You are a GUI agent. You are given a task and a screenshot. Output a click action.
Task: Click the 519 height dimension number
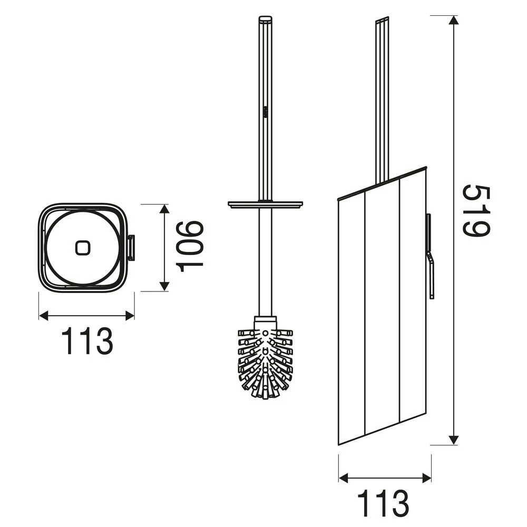coord(477,211)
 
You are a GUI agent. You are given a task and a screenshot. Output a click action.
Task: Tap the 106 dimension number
coord(190,247)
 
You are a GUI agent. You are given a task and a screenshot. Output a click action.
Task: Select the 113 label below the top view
coord(87,341)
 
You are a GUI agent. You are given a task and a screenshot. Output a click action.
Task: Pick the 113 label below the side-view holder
coord(384,504)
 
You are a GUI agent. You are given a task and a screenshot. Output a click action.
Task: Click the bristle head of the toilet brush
coord(265,361)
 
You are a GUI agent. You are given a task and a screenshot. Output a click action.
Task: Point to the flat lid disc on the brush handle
coord(265,203)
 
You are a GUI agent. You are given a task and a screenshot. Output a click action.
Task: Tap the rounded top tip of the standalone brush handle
coord(265,19)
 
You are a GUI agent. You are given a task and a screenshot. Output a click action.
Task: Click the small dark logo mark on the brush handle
coord(265,111)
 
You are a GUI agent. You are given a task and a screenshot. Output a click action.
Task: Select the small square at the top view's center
coord(83,247)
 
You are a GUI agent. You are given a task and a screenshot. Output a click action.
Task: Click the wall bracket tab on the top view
coord(130,248)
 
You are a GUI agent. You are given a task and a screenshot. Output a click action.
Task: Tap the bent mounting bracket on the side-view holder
coord(430,256)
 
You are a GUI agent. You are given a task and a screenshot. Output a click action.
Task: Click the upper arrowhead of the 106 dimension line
coord(164,209)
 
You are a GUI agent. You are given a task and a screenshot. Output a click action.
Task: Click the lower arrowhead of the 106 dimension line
coord(164,286)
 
